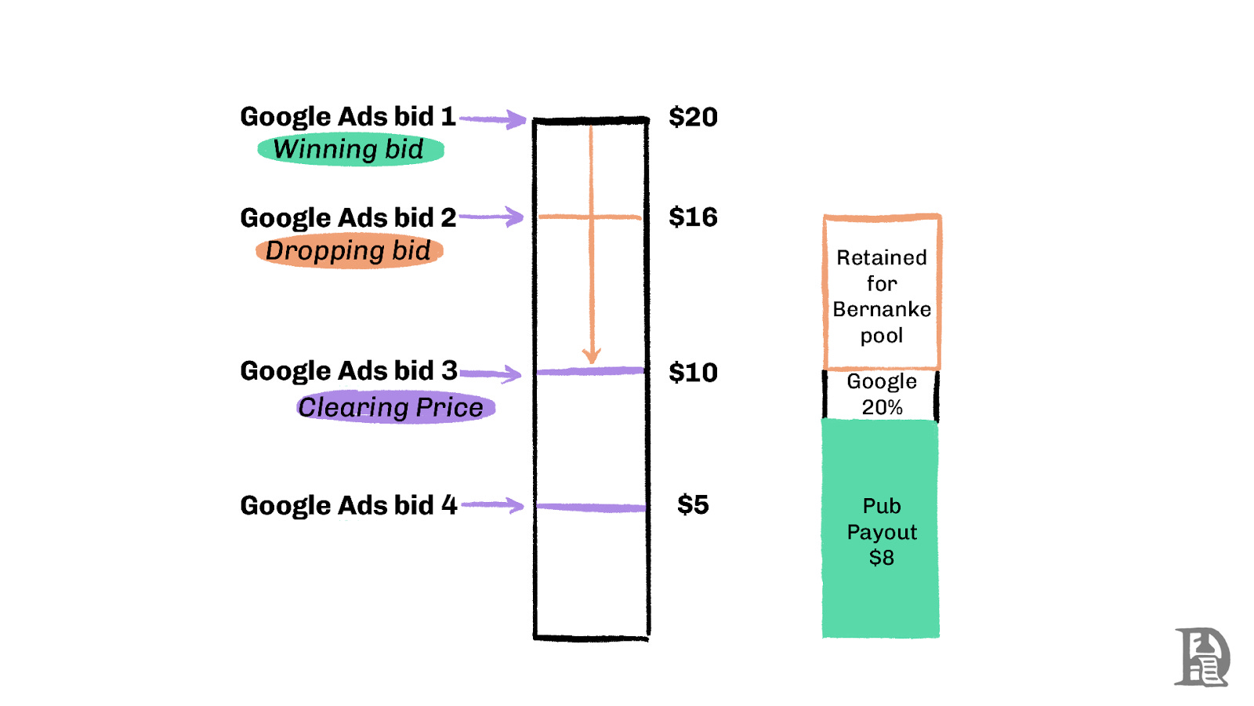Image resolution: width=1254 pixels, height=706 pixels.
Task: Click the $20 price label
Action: [x=693, y=117]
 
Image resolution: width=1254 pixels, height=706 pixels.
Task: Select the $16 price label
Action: [x=693, y=217]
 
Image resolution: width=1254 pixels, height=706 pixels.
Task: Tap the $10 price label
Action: [x=693, y=373]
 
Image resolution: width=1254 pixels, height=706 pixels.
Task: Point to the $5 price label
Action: [x=693, y=504]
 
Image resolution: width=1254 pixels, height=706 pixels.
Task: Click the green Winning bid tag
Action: [x=350, y=149]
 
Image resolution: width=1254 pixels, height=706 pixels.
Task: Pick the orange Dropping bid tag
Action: [x=350, y=251]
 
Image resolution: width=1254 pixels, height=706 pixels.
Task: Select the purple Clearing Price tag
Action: [x=396, y=408]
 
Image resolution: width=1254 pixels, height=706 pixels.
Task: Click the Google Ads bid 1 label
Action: [x=348, y=117]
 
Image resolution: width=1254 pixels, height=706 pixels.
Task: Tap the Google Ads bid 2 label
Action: [x=348, y=217]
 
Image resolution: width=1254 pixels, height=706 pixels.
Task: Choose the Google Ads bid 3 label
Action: [x=349, y=370]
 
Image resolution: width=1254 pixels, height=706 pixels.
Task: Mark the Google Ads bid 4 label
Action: [x=349, y=505]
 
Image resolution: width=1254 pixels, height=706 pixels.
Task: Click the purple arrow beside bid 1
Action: [x=494, y=119]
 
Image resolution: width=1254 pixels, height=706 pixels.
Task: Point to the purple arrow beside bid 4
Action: [x=494, y=505]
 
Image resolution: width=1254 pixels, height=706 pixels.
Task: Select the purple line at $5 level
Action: [x=591, y=508]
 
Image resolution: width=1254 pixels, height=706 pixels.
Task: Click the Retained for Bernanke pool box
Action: [x=882, y=295]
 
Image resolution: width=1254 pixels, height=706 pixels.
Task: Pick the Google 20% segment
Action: [x=882, y=395]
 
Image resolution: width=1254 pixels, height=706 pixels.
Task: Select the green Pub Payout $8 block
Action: [x=881, y=530]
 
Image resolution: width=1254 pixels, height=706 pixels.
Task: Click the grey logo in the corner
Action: [x=1201, y=657]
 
